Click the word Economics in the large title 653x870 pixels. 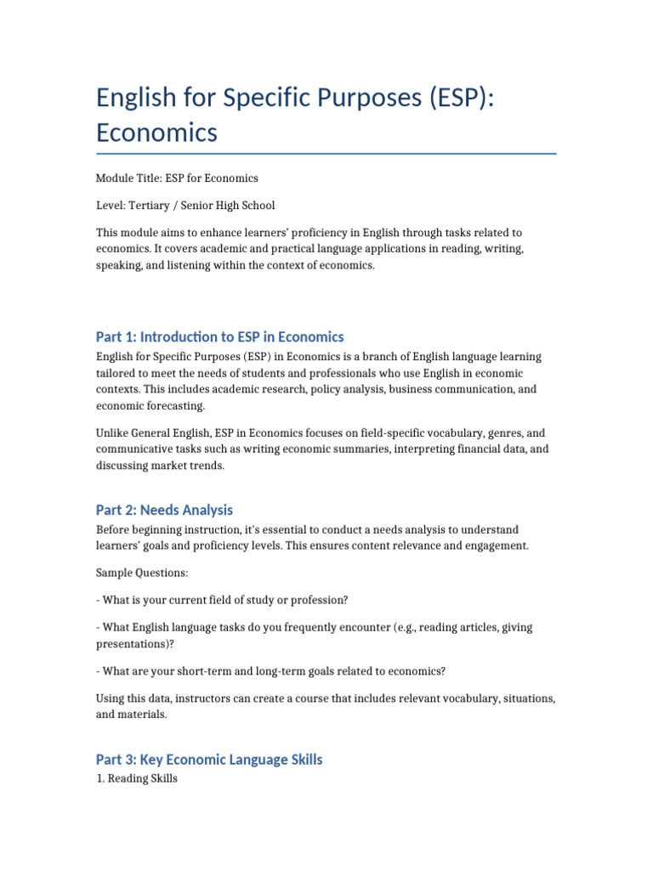tap(156, 133)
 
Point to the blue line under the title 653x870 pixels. tap(326, 154)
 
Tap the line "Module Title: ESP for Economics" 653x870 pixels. tap(177, 178)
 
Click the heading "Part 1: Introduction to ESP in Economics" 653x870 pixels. tap(220, 336)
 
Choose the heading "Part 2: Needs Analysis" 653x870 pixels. tap(164, 510)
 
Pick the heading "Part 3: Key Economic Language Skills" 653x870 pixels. tap(209, 760)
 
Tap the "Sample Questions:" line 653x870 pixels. tap(142, 573)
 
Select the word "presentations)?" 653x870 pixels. tap(133, 643)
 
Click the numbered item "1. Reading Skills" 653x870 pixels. tap(137, 778)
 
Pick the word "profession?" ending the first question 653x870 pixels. tap(318, 601)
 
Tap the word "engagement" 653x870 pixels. tap(494, 545)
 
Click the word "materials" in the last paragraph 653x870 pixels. tap(143, 715)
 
